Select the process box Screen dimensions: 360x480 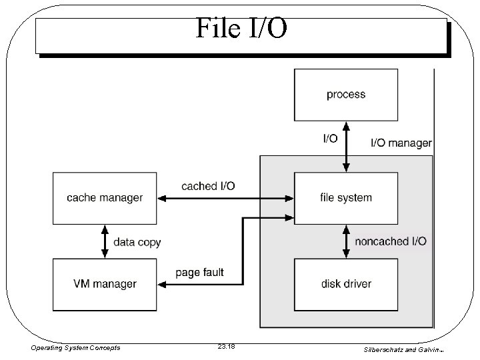point(346,95)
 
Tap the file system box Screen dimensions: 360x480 point(346,197)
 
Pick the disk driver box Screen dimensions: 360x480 point(346,284)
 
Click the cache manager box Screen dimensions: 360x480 point(105,197)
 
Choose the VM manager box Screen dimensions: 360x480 point(105,284)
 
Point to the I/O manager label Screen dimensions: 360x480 point(401,143)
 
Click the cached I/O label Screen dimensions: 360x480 point(208,186)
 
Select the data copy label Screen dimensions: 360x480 point(137,242)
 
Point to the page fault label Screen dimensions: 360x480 point(199,272)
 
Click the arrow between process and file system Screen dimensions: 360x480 point(346,146)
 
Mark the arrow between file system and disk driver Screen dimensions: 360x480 point(346,241)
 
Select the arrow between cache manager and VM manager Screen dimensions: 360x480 point(105,241)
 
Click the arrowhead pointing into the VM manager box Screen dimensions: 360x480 point(162,284)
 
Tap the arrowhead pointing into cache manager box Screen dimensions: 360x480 point(162,197)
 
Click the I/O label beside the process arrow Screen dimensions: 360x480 point(330,138)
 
